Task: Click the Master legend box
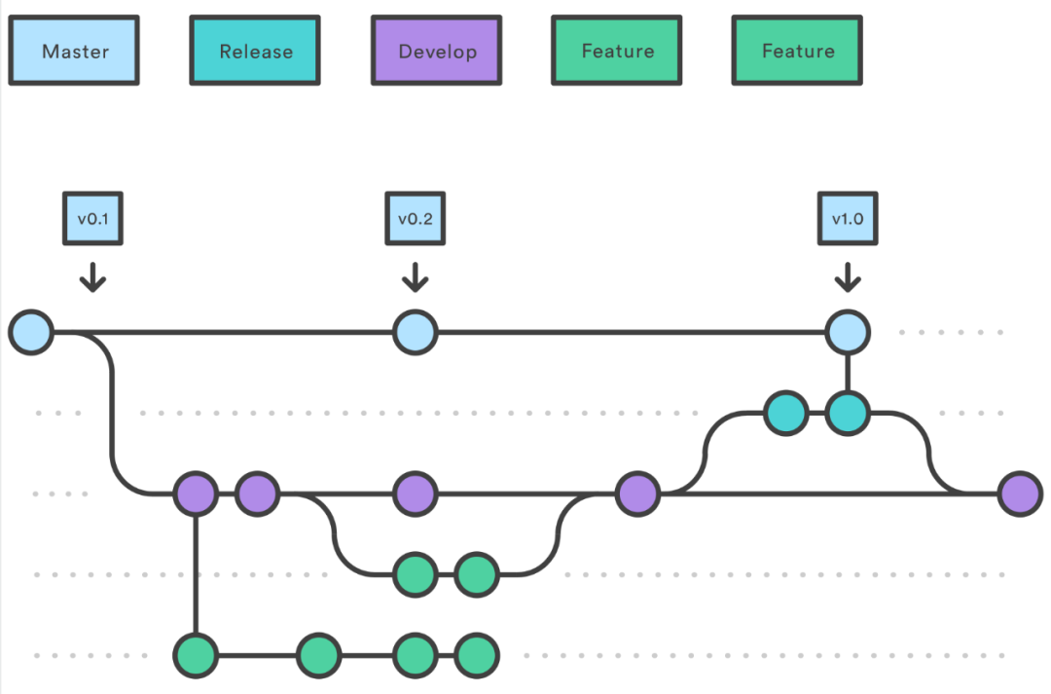(74, 52)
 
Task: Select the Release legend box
(255, 52)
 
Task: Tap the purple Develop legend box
(437, 52)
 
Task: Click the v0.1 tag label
(92, 219)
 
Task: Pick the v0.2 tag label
(415, 219)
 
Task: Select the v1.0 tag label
(847, 219)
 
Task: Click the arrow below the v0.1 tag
(92, 278)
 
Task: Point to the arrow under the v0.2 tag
(415, 278)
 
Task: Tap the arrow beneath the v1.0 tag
(847, 278)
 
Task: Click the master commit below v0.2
(416, 333)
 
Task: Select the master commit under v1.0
(847, 333)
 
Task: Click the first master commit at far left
(31, 333)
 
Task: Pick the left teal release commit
(786, 414)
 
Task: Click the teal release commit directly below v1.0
(848, 414)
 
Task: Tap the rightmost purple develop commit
(1020, 494)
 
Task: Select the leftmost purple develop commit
(196, 494)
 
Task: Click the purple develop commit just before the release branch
(638, 494)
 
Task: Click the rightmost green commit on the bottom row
(476, 655)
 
